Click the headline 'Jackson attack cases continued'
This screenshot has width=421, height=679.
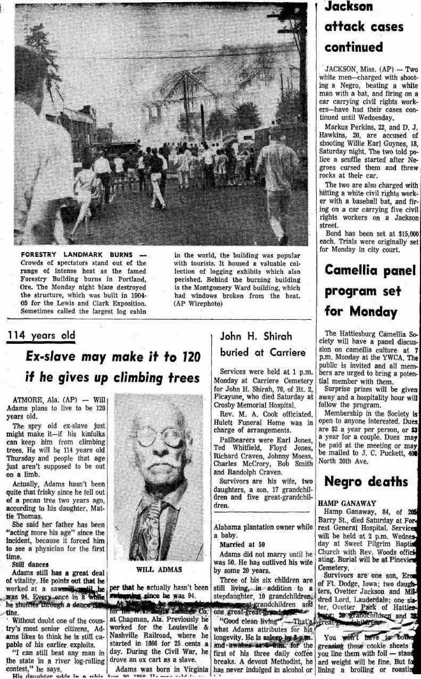click(x=364, y=27)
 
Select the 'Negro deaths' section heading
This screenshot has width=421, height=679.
click(x=366, y=481)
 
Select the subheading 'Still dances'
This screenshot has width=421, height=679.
click(x=28, y=563)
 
